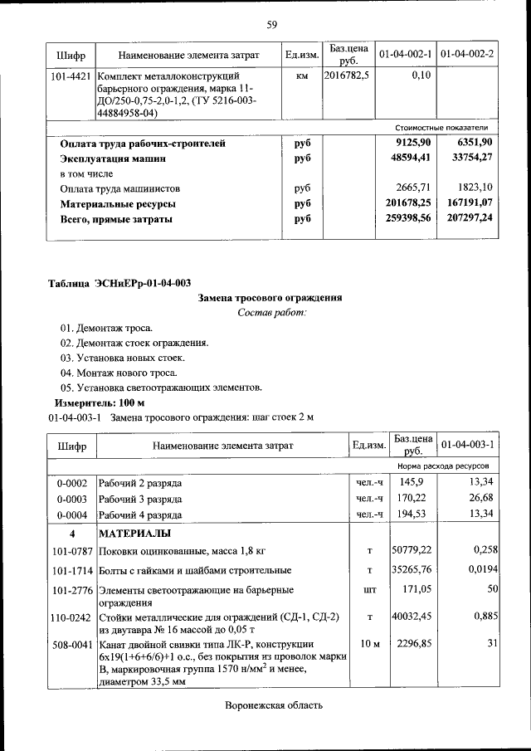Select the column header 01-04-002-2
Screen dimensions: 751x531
[x=467, y=55]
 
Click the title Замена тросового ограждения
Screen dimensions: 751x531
[x=270, y=297]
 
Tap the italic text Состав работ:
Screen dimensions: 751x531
[x=271, y=312]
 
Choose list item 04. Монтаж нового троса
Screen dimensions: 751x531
[x=119, y=373]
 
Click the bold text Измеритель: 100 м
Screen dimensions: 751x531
[x=92, y=402]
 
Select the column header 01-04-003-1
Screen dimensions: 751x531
[x=467, y=446]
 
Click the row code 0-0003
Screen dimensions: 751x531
[x=71, y=498]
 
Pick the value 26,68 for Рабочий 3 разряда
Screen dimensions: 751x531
[x=481, y=498]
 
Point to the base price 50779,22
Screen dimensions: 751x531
[x=413, y=549]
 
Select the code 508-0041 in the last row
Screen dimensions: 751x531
[x=70, y=643]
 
